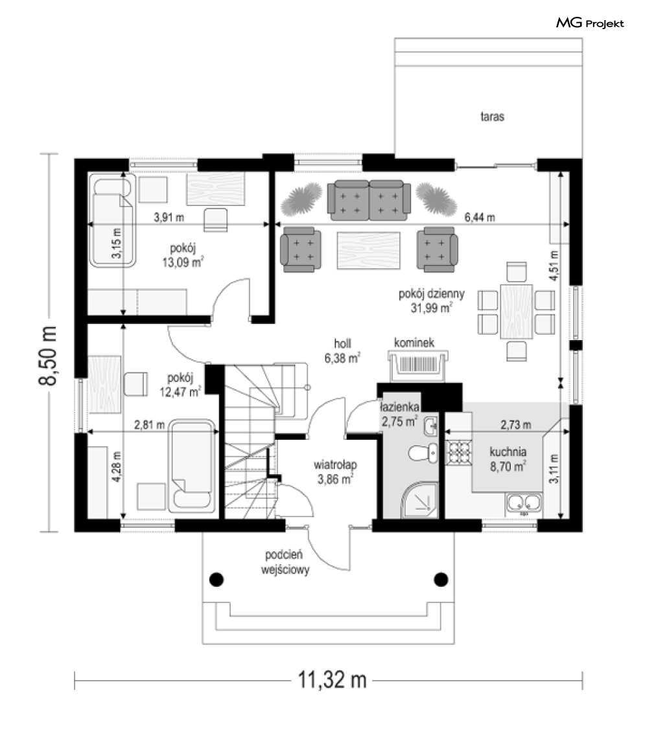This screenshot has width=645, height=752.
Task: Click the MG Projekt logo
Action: click(x=590, y=23)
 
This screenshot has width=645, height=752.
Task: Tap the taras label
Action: click(x=493, y=116)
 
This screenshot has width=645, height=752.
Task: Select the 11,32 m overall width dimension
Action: click(x=332, y=679)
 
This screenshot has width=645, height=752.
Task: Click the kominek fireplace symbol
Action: click(x=418, y=365)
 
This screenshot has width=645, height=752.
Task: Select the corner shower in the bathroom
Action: click(x=419, y=500)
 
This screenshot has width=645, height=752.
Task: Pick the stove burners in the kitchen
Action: click(x=459, y=452)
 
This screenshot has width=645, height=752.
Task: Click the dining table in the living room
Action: click(x=517, y=312)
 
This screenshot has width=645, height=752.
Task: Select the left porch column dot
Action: click(x=217, y=579)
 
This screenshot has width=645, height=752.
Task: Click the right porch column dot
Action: click(x=441, y=579)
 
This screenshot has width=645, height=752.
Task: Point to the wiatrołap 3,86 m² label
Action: click(x=335, y=472)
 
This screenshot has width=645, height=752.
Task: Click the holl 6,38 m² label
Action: click(x=342, y=351)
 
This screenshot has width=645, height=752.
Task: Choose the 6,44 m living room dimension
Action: click(x=480, y=217)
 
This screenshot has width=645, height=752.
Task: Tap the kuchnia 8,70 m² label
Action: click(x=508, y=459)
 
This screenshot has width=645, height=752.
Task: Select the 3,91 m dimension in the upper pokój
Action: click(x=169, y=217)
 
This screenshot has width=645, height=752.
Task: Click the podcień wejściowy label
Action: click(x=285, y=562)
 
